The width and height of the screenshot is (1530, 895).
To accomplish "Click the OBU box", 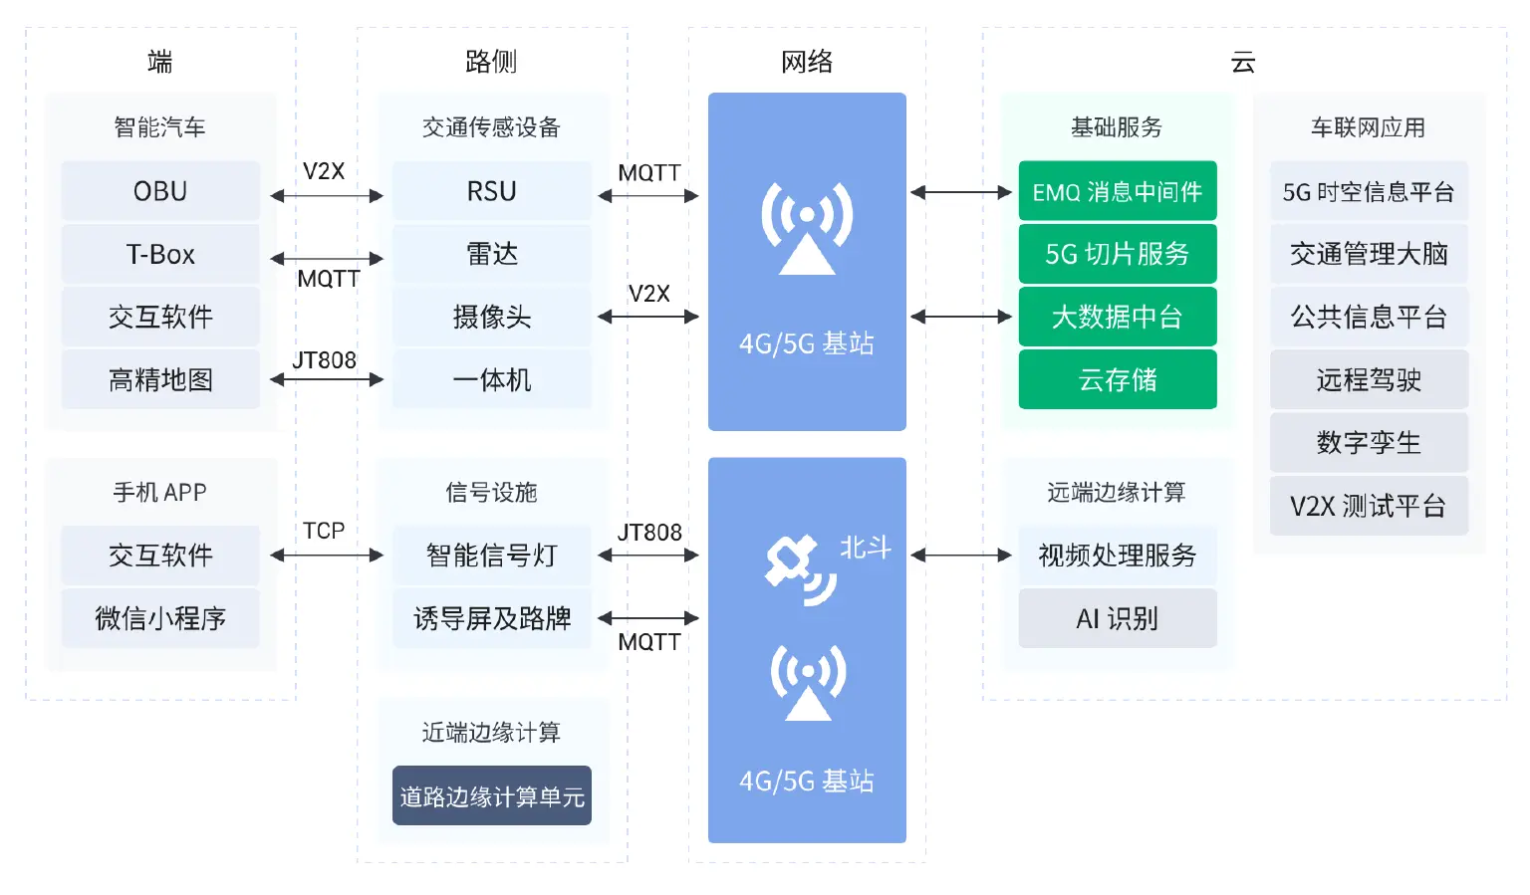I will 160,191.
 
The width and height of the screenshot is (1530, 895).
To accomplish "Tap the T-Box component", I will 160,254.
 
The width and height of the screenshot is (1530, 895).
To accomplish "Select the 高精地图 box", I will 160,379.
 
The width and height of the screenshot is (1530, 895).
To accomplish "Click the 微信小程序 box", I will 160,618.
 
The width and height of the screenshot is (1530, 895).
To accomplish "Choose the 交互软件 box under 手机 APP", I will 160,556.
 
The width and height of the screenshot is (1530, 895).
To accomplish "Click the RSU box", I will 491,191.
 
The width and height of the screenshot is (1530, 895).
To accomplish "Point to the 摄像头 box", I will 491,317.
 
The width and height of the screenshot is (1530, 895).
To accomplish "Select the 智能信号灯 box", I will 491,556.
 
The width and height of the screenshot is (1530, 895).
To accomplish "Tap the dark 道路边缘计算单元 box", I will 491,795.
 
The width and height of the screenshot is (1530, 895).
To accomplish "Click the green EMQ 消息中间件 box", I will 1117,191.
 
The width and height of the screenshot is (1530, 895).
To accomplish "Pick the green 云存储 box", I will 1117,379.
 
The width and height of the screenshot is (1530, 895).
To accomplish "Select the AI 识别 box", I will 1117,618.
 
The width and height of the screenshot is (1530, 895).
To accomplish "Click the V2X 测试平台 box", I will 1368,506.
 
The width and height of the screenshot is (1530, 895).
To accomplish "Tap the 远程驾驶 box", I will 1368,379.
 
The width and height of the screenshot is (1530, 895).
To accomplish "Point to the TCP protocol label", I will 324,531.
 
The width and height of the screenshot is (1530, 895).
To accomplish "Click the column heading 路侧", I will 491,62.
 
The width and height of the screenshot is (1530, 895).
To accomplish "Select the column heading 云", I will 1242,62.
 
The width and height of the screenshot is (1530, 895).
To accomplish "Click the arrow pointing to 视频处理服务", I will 961,556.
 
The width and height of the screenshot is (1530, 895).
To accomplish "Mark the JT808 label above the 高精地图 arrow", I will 324,360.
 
